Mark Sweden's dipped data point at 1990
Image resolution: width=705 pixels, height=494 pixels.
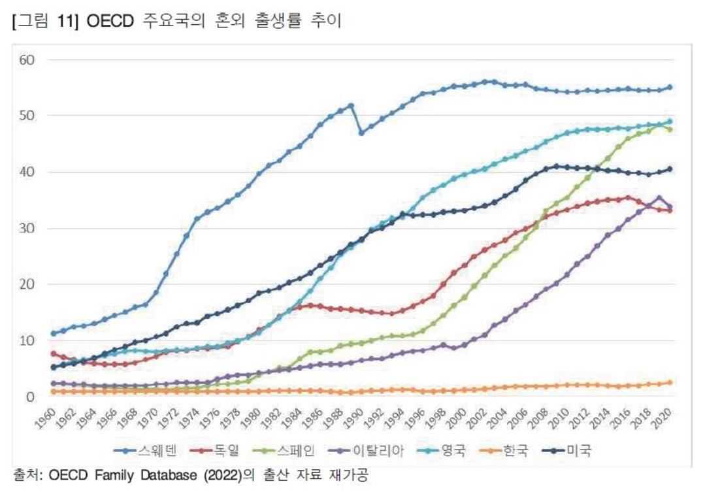point(361,133)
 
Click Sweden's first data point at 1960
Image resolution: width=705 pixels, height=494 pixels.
point(53,333)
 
